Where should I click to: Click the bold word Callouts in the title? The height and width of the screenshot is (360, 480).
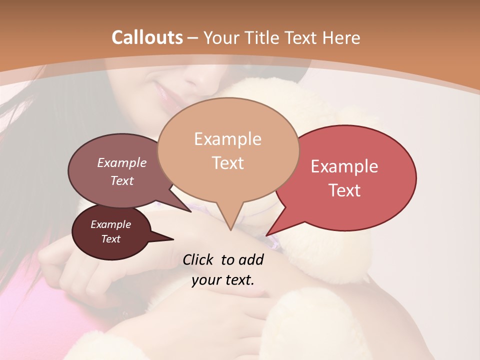point(147,37)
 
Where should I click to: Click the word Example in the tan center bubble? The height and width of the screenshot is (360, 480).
point(227,139)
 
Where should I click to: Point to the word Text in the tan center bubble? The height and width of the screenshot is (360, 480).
point(227,162)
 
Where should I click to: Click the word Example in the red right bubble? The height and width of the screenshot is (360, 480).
point(344,166)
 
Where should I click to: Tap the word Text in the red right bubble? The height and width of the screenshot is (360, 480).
point(344,190)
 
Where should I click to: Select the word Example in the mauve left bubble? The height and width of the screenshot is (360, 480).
point(121,163)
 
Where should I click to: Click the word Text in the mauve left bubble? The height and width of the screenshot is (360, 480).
point(121,180)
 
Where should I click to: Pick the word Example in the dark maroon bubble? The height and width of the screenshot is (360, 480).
point(110,224)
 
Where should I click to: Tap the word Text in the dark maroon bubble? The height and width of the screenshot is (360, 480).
point(110,239)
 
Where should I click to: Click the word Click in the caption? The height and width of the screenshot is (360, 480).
point(199,259)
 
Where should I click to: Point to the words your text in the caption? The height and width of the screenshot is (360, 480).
point(222,280)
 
